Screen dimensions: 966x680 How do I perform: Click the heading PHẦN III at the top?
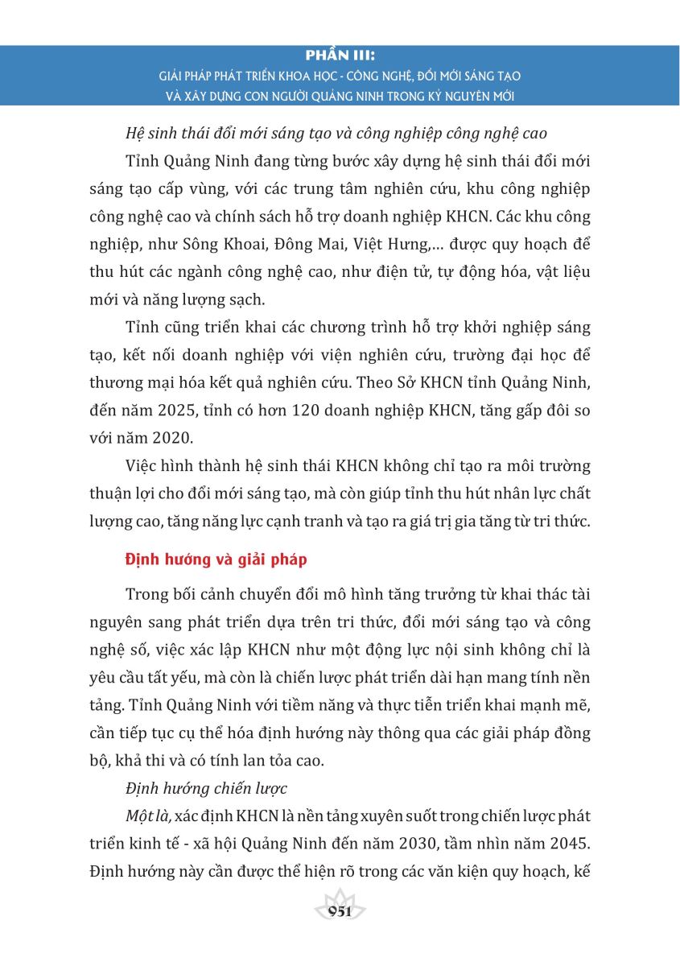click(340, 59)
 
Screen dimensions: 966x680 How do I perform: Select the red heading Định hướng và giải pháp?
click(216, 559)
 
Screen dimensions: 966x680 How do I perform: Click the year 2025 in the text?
click(179, 414)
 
